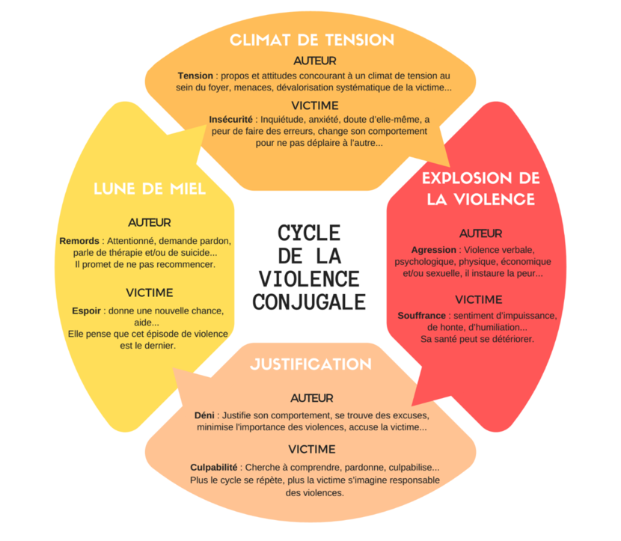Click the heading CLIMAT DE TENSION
(312, 40)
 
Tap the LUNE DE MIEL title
(150, 189)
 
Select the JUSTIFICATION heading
(311, 364)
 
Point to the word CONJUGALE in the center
(309, 302)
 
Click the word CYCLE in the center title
(309, 233)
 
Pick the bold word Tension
(195, 76)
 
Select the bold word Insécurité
(231, 120)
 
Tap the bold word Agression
(434, 250)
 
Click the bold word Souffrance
(422, 316)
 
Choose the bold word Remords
(79, 241)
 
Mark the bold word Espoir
(86, 311)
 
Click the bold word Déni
(204, 415)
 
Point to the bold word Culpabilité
(214, 468)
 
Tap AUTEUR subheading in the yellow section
(150, 222)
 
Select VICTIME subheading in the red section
(478, 299)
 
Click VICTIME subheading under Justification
(312, 449)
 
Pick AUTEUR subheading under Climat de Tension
(315, 61)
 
